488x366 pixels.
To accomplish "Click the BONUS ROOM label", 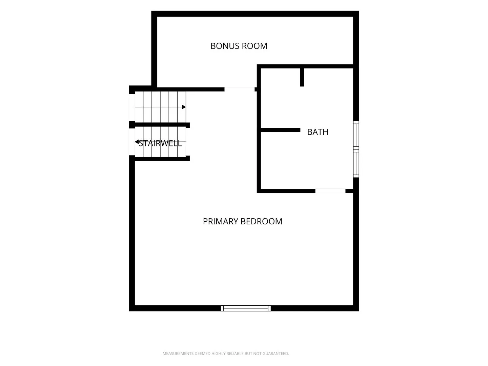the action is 239,46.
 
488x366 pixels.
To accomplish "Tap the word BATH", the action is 318,132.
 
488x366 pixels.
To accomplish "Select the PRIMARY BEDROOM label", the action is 243,221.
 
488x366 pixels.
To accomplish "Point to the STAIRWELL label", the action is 160,143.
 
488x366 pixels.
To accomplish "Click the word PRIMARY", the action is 221,221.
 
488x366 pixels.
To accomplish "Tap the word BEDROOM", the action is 261,221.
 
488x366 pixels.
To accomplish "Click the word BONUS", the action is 225,46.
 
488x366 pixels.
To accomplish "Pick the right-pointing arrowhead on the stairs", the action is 184,107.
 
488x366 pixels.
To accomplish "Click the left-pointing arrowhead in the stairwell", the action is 137,142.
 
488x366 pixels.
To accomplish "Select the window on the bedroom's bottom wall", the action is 246,308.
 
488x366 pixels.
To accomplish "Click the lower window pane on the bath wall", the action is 356,163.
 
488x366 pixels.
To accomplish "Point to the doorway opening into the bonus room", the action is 240,89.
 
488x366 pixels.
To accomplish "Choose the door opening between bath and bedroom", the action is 330,191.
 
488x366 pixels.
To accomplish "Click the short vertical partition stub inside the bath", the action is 302,77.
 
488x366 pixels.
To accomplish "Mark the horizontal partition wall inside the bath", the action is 280,130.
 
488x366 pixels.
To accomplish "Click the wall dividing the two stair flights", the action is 159,125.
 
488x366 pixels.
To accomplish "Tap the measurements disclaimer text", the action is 226,353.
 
